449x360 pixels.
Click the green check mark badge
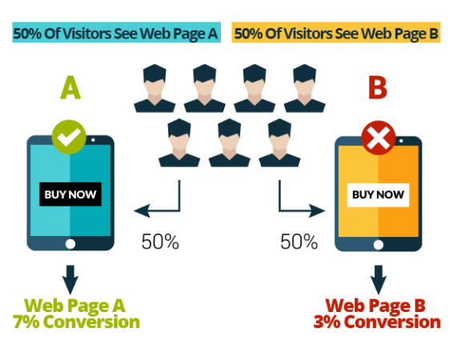tap(69, 137)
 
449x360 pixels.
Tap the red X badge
tap(379, 138)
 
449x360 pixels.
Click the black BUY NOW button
tap(70, 194)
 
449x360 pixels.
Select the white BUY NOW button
tap(378, 195)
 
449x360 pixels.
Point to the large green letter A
tap(70, 87)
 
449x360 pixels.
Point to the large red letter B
tap(378, 87)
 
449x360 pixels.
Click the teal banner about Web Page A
tap(116, 32)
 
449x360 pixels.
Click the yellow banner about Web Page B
tap(336, 32)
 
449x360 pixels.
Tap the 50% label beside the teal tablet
tap(160, 242)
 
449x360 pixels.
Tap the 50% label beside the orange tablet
tap(299, 242)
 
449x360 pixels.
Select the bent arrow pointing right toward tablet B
tap(280, 210)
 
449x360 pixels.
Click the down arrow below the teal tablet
tap(70, 279)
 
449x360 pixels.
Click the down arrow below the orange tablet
tap(379, 279)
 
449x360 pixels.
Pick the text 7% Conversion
tap(76, 322)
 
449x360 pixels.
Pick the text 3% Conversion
tap(377, 322)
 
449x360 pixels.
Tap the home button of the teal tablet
tap(70, 244)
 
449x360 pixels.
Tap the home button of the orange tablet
tap(379, 245)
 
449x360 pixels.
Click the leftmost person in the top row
tap(154, 89)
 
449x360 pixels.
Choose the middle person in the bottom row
tap(230, 143)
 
